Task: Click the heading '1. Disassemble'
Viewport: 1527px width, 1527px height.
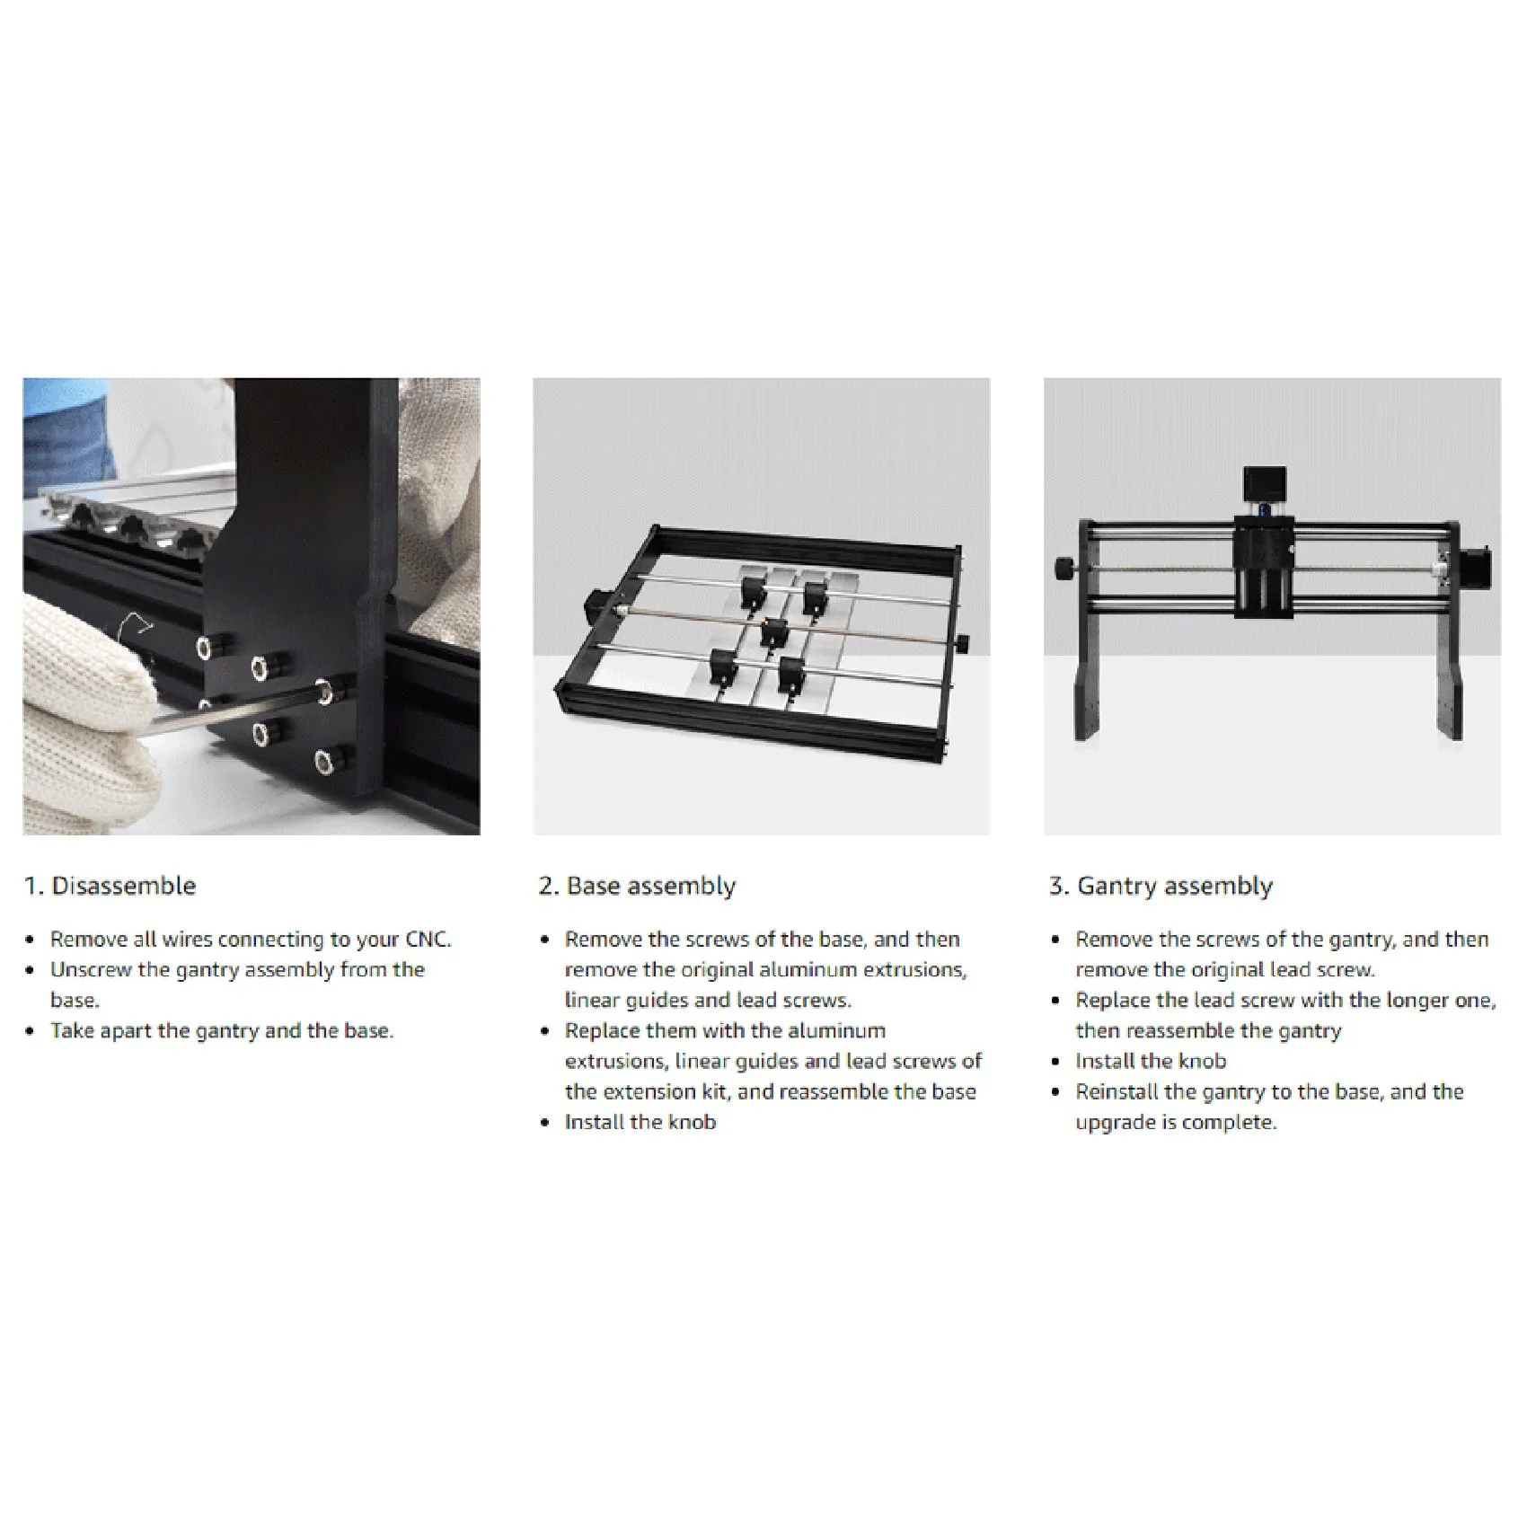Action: [x=110, y=886]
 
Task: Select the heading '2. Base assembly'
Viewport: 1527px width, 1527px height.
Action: [x=637, y=886]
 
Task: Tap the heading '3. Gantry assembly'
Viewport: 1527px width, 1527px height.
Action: [x=1161, y=886]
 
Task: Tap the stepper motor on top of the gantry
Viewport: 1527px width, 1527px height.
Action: [x=1263, y=486]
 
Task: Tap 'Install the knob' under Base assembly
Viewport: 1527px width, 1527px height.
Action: [x=640, y=1122]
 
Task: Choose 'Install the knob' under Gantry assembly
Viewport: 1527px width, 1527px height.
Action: [x=1151, y=1061]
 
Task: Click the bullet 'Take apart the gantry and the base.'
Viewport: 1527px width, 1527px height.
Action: [x=221, y=1030]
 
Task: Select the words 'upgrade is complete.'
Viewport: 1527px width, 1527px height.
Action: [x=1176, y=1122]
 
